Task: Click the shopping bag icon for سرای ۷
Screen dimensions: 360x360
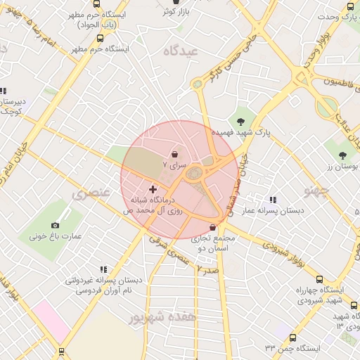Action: coord(174,153)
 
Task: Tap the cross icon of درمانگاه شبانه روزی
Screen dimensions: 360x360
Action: coord(153,189)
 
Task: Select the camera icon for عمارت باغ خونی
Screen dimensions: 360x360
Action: coord(56,225)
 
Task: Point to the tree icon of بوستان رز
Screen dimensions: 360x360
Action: coord(342,155)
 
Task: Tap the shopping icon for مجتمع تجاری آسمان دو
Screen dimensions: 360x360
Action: coord(214,227)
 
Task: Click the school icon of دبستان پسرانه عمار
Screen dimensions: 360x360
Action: coord(273,200)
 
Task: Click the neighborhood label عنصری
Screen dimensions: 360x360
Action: coord(89,193)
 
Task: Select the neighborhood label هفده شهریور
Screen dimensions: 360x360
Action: coord(157,317)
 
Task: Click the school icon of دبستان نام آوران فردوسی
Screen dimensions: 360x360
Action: coord(103,269)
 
